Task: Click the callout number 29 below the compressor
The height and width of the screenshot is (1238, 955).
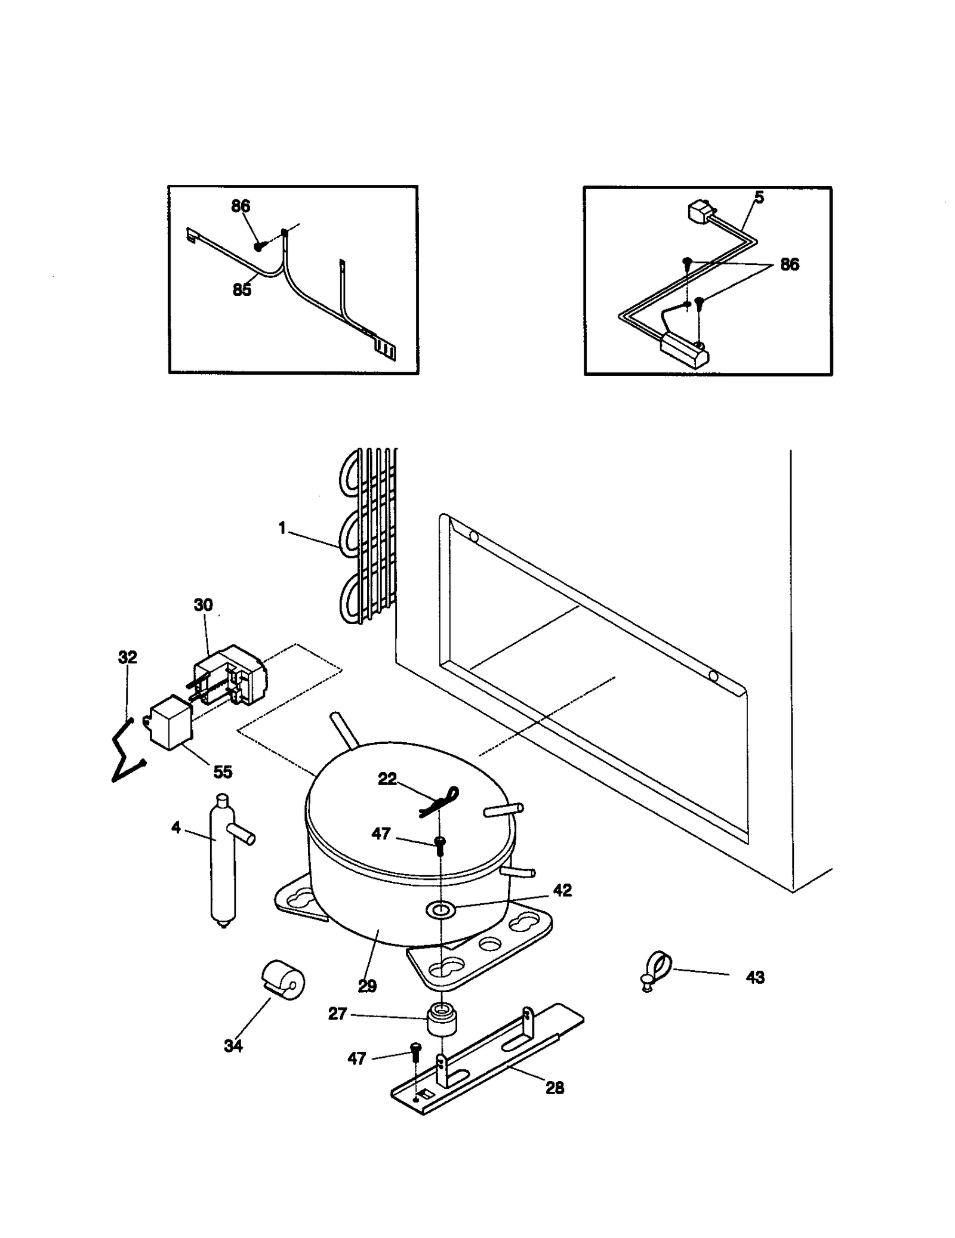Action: pyautogui.click(x=367, y=986)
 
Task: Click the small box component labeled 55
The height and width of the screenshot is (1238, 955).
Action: pyautogui.click(x=170, y=722)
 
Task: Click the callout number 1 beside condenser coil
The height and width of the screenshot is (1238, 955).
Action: pyautogui.click(x=282, y=528)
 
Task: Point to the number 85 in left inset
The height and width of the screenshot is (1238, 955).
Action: pyautogui.click(x=242, y=290)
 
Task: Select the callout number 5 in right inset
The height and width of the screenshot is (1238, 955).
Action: pyautogui.click(x=759, y=197)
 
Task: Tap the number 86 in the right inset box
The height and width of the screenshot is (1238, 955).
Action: pyautogui.click(x=789, y=264)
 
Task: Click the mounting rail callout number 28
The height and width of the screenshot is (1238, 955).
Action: pyautogui.click(x=554, y=1088)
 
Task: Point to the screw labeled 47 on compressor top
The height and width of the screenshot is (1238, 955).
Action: pyautogui.click(x=440, y=843)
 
